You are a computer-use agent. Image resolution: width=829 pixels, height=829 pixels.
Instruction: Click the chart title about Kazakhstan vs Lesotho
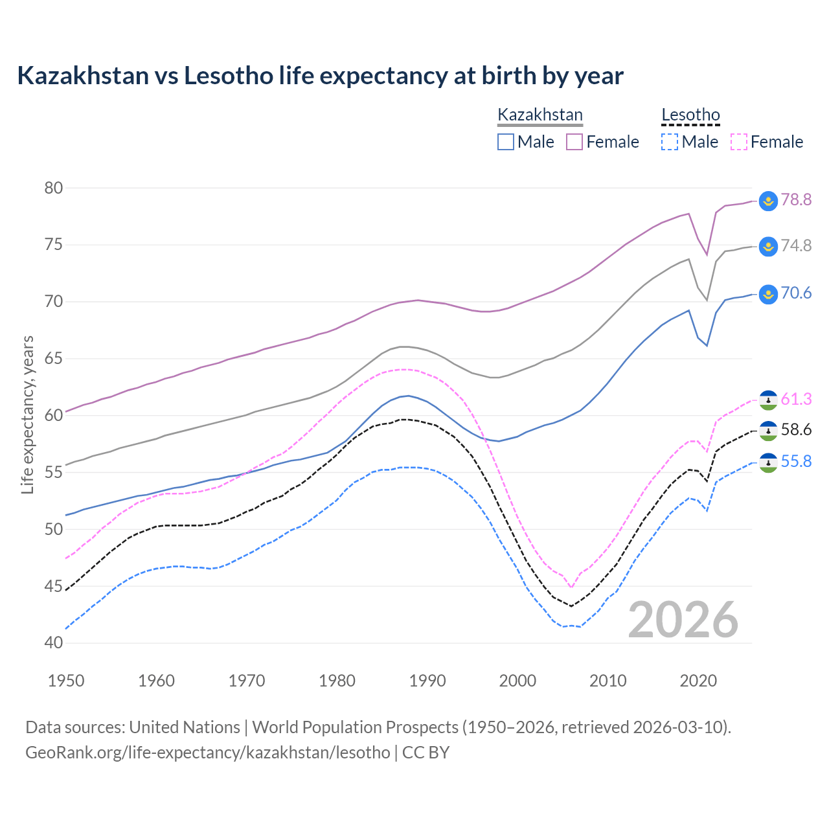coord(320,76)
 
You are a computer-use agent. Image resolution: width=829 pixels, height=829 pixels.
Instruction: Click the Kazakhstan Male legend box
coord(506,142)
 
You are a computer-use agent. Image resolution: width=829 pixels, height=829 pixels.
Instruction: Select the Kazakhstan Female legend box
coord(574,142)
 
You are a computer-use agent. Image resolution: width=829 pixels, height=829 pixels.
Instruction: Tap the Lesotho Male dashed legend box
coord(670,142)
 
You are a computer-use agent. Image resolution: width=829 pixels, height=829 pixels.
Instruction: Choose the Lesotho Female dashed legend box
coord(738,142)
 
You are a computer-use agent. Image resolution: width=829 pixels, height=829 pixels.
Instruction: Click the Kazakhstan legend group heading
coord(540,115)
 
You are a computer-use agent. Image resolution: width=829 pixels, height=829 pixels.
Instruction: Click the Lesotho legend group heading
coord(690,115)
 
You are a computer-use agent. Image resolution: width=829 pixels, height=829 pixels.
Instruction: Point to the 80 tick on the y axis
coord(54,188)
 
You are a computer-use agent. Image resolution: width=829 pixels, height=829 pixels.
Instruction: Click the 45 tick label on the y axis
coord(54,587)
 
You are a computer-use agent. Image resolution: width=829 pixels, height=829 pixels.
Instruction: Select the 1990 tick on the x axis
coord(427,681)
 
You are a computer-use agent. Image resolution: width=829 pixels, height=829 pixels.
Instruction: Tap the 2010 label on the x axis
coord(608,681)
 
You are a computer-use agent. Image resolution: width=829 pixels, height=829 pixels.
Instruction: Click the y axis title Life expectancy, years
coord(27,414)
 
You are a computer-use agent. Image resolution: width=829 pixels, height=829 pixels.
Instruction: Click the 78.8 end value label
coord(796,199)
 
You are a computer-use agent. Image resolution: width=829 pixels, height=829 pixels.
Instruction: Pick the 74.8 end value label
coord(796,245)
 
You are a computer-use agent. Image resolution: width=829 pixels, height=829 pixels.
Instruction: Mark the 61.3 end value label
coord(796,399)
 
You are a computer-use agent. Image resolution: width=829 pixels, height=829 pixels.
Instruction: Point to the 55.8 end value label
coord(796,461)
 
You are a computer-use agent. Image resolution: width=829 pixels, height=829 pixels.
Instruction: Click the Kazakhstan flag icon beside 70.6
coord(768,293)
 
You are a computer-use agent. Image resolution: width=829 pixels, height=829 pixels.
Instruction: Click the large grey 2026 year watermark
coord(683,620)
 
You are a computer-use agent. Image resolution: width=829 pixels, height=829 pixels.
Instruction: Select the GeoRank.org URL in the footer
coord(207,753)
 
